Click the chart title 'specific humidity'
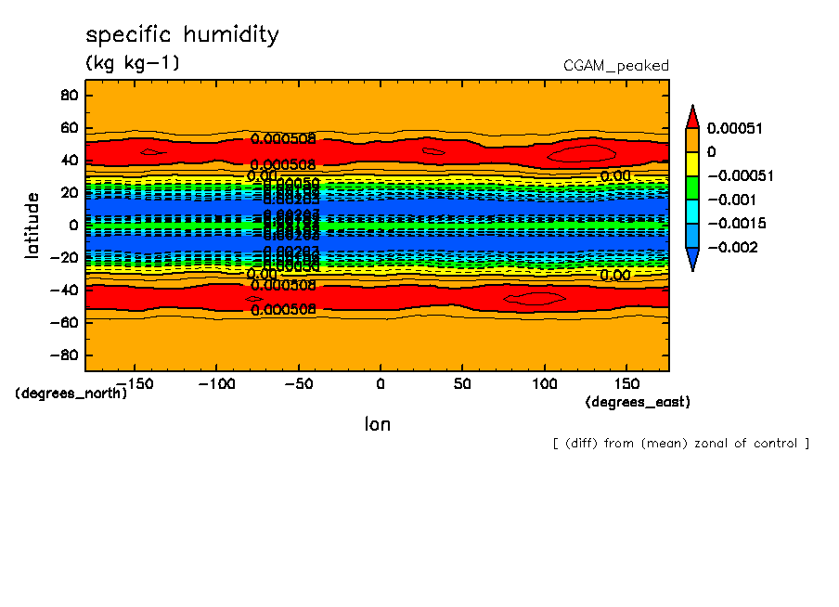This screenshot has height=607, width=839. click(182, 35)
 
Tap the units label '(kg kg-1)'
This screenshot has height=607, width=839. click(132, 63)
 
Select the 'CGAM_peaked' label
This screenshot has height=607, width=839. click(615, 66)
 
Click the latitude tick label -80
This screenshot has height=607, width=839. click(66, 355)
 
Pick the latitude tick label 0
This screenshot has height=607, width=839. click(73, 225)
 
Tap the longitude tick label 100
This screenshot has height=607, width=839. click(545, 383)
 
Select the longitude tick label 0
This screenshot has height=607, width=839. click(381, 383)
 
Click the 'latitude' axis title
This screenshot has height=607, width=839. click(32, 225)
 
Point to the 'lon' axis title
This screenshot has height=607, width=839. click(377, 424)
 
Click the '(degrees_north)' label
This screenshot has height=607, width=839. click(71, 394)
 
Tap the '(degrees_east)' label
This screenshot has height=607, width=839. click(638, 402)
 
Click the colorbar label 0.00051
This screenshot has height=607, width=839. click(734, 127)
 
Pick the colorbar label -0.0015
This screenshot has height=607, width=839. click(734, 224)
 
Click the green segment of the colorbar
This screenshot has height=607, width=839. click(691, 187)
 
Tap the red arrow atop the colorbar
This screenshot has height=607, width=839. click(691, 116)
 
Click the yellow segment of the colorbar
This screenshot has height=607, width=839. click(691, 163)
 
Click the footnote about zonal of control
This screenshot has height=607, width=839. click(680, 444)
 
